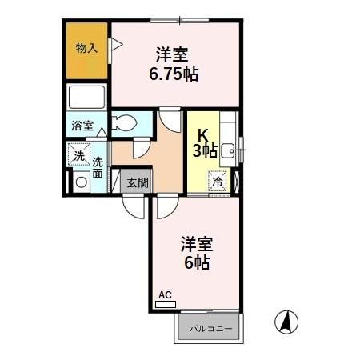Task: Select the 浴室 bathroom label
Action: [x=82, y=126]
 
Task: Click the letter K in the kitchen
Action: [x=203, y=134]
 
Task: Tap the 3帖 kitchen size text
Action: [x=203, y=150]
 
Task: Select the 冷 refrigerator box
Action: [x=218, y=181]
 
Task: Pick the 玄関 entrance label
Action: [x=137, y=182]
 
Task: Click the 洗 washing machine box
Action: [x=78, y=155]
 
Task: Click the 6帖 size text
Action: [x=195, y=262]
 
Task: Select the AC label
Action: [x=165, y=295]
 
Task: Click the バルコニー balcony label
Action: [x=210, y=328]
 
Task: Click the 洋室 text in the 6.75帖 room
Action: [x=173, y=55]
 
